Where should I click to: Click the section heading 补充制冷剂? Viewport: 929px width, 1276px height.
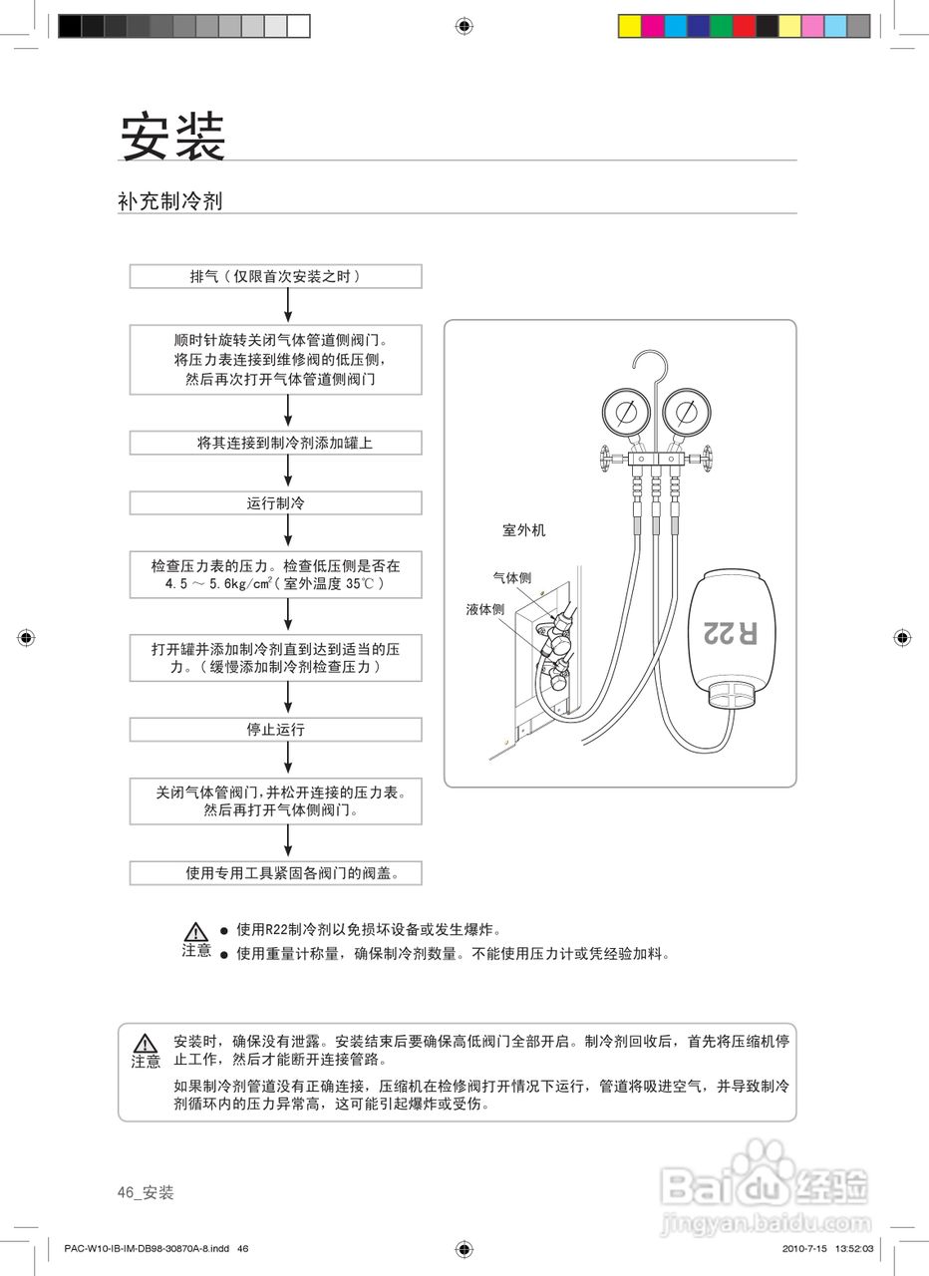point(169,201)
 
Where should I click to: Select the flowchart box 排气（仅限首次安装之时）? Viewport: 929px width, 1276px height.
point(275,276)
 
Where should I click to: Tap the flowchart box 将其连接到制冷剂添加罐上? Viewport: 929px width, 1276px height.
point(275,443)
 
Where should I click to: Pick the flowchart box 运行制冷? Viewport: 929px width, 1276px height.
point(275,503)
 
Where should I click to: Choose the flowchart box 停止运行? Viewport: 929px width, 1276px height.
point(275,730)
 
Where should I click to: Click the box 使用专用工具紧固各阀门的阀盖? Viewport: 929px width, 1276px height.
point(275,873)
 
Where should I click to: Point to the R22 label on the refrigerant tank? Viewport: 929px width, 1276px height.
point(730,632)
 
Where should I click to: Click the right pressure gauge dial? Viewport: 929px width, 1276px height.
point(684,412)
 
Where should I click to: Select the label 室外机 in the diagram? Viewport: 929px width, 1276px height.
point(523,530)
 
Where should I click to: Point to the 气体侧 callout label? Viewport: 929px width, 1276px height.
point(511,577)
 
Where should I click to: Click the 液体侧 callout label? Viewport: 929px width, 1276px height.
point(484,609)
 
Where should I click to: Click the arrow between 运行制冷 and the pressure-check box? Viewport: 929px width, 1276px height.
point(288,533)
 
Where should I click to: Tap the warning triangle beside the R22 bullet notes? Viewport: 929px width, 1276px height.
point(196,931)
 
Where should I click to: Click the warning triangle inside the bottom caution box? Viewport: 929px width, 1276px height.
point(147,1043)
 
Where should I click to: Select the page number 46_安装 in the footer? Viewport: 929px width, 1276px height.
point(146,1192)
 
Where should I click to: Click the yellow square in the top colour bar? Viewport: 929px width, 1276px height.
point(629,26)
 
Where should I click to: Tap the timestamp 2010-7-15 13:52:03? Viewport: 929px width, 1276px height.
point(827,1248)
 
